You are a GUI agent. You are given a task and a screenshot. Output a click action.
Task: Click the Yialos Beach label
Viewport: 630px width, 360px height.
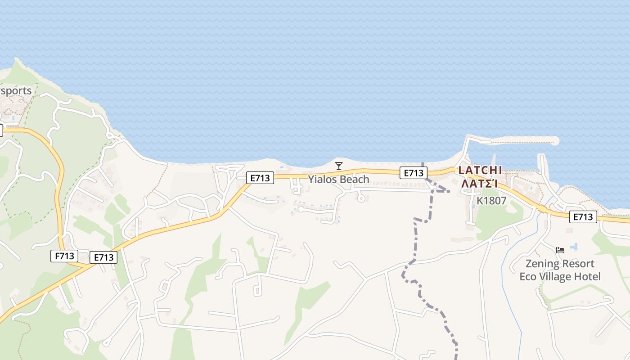point(338,180)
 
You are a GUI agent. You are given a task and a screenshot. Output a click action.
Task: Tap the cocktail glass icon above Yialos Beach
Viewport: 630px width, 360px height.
point(339,166)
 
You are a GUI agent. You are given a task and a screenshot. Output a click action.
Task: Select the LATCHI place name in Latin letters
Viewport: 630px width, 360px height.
point(480,171)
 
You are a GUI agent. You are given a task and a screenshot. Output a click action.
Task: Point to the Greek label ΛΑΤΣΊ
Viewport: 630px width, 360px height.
point(480,184)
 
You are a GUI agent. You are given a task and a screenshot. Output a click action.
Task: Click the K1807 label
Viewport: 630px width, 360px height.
point(491,201)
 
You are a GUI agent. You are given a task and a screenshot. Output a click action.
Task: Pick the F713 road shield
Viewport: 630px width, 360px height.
point(64,256)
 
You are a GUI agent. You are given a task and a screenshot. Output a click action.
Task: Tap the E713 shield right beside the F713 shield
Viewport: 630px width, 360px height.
point(103,257)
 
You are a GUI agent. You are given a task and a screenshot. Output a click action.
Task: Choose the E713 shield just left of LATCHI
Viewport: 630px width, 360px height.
point(413,173)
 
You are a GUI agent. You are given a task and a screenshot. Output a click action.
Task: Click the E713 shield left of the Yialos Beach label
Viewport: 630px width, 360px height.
point(260,178)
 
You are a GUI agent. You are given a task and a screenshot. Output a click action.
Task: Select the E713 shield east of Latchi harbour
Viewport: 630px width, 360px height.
point(583,217)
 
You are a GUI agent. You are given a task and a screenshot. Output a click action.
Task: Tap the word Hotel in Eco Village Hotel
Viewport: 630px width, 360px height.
point(586,276)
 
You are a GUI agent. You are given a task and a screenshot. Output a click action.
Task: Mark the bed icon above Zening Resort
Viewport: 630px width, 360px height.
point(560,250)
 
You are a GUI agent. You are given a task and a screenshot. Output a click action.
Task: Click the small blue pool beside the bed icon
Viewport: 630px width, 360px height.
point(574,247)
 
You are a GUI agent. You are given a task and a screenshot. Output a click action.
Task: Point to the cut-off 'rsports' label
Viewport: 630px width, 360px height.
point(16,91)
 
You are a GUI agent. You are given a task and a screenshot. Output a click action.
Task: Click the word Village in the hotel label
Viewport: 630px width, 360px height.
point(554,276)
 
